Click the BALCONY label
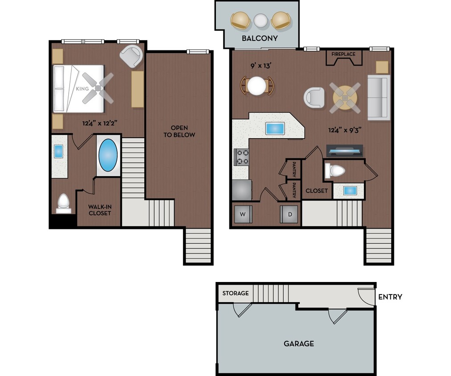(x=260, y=38)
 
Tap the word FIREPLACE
(x=343, y=54)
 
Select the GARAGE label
(x=298, y=343)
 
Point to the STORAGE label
(x=236, y=293)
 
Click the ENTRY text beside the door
(x=390, y=297)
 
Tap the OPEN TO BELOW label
(x=179, y=131)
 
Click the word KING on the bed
(x=83, y=89)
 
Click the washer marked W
(x=243, y=214)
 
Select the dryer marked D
(x=290, y=214)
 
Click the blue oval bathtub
(x=108, y=155)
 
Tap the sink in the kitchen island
(x=275, y=128)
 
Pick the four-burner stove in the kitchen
(x=241, y=157)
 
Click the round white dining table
(x=257, y=86)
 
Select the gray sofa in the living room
(x=379, y=97)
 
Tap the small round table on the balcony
(x=260, y=20)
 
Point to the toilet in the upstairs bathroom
(x=63, y=203)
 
